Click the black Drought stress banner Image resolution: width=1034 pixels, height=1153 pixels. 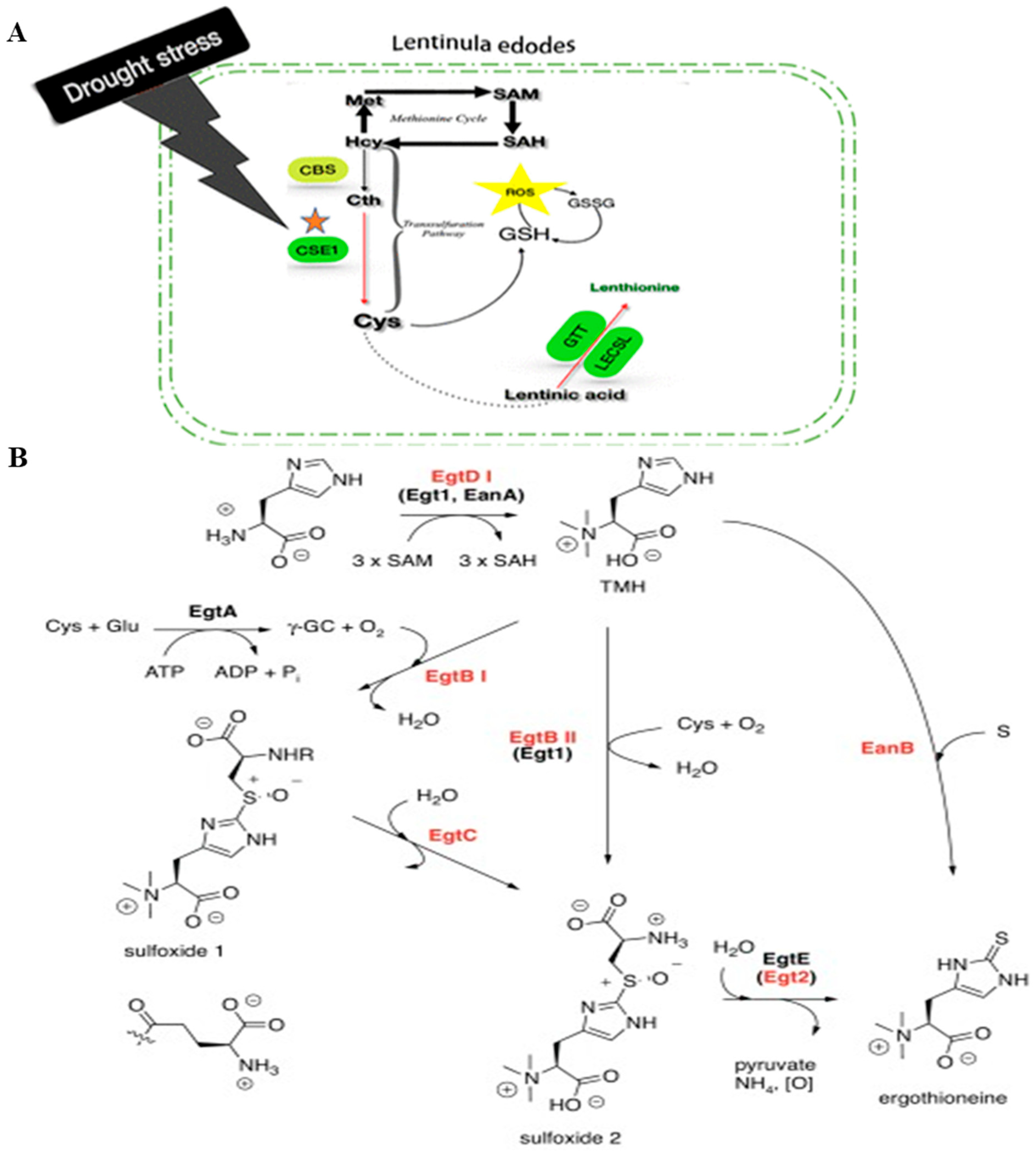[142, 65]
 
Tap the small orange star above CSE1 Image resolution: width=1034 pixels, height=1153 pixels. [315, 221]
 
